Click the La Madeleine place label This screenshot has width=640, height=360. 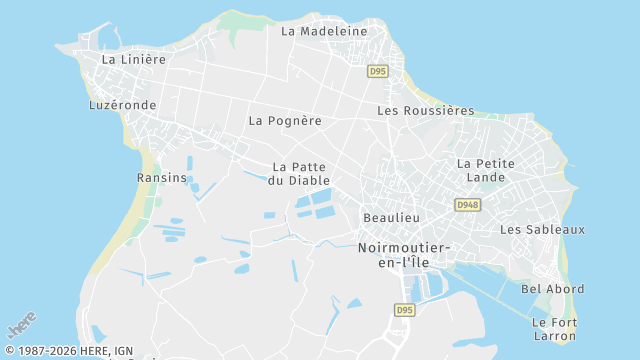(324, 31)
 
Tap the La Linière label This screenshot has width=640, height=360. (134, 59)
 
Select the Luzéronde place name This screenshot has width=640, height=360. (122, 104)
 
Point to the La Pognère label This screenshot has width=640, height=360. (285, 121)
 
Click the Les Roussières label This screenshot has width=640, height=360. (425, 111)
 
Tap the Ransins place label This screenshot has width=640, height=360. (162, 178)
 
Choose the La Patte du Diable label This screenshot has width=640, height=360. (300, 174)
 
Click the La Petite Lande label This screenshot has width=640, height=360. (486, 170)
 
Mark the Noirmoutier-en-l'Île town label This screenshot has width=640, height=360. (404, 254)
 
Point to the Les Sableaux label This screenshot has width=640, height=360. (542, 230)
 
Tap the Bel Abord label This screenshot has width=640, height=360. (553, 289)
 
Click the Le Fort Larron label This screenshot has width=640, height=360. (554, 329)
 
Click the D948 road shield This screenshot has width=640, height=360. (466, 205)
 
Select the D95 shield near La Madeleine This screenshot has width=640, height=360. (377, 71)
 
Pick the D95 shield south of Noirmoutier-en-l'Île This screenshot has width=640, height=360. (403, 310)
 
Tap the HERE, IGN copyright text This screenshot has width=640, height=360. (68, 351)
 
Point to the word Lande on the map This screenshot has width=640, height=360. (486, 178)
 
